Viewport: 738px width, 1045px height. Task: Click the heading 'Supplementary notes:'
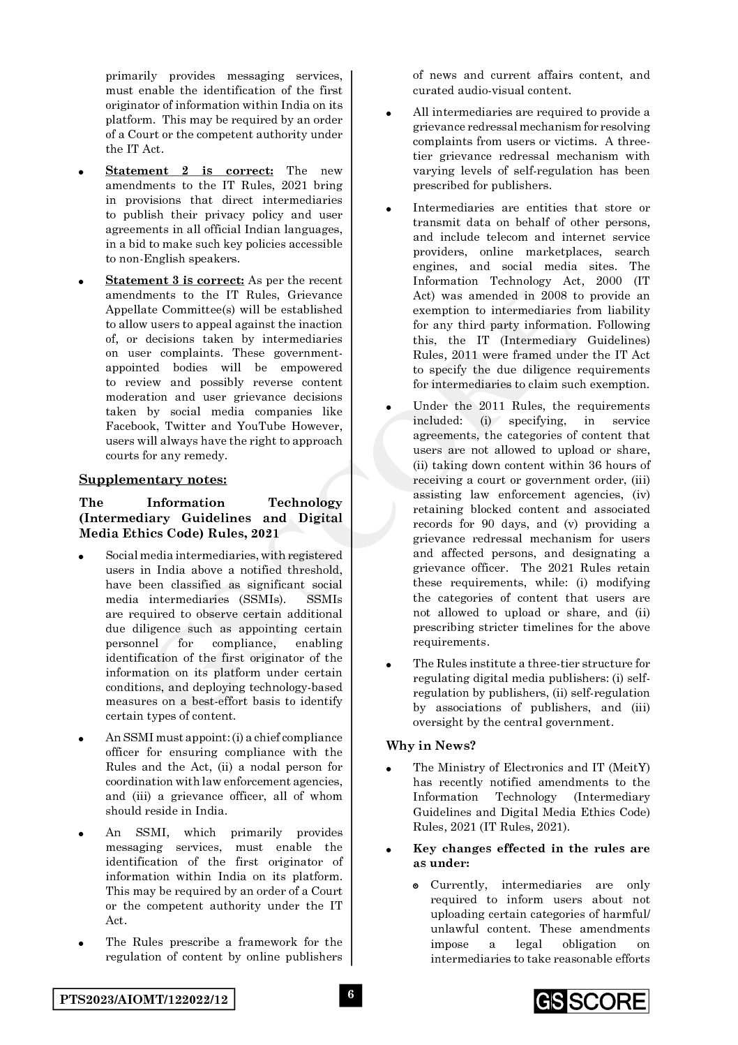click(152, 480)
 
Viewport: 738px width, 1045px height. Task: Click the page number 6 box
click(351, 995)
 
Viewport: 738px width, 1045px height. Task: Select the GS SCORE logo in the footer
click(591, 1002)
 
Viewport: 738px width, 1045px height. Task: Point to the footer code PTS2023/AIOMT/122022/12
click(143, 1000)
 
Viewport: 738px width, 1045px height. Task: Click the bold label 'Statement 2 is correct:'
click(189, 171)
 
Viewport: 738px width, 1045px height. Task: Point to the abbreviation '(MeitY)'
click(627, 767)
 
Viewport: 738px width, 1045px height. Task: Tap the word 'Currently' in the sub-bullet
click(460, 885)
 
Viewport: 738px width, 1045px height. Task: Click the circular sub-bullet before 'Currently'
click(416, 887)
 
